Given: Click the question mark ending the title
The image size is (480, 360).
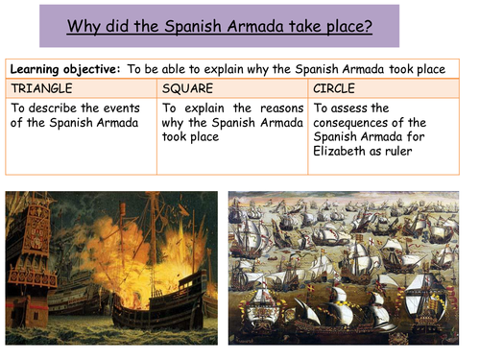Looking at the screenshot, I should click(x=370, y=25).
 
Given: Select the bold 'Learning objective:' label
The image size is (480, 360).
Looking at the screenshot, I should click(x=62, y=71).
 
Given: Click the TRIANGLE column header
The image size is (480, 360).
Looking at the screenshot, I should click(x=41, y=88).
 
